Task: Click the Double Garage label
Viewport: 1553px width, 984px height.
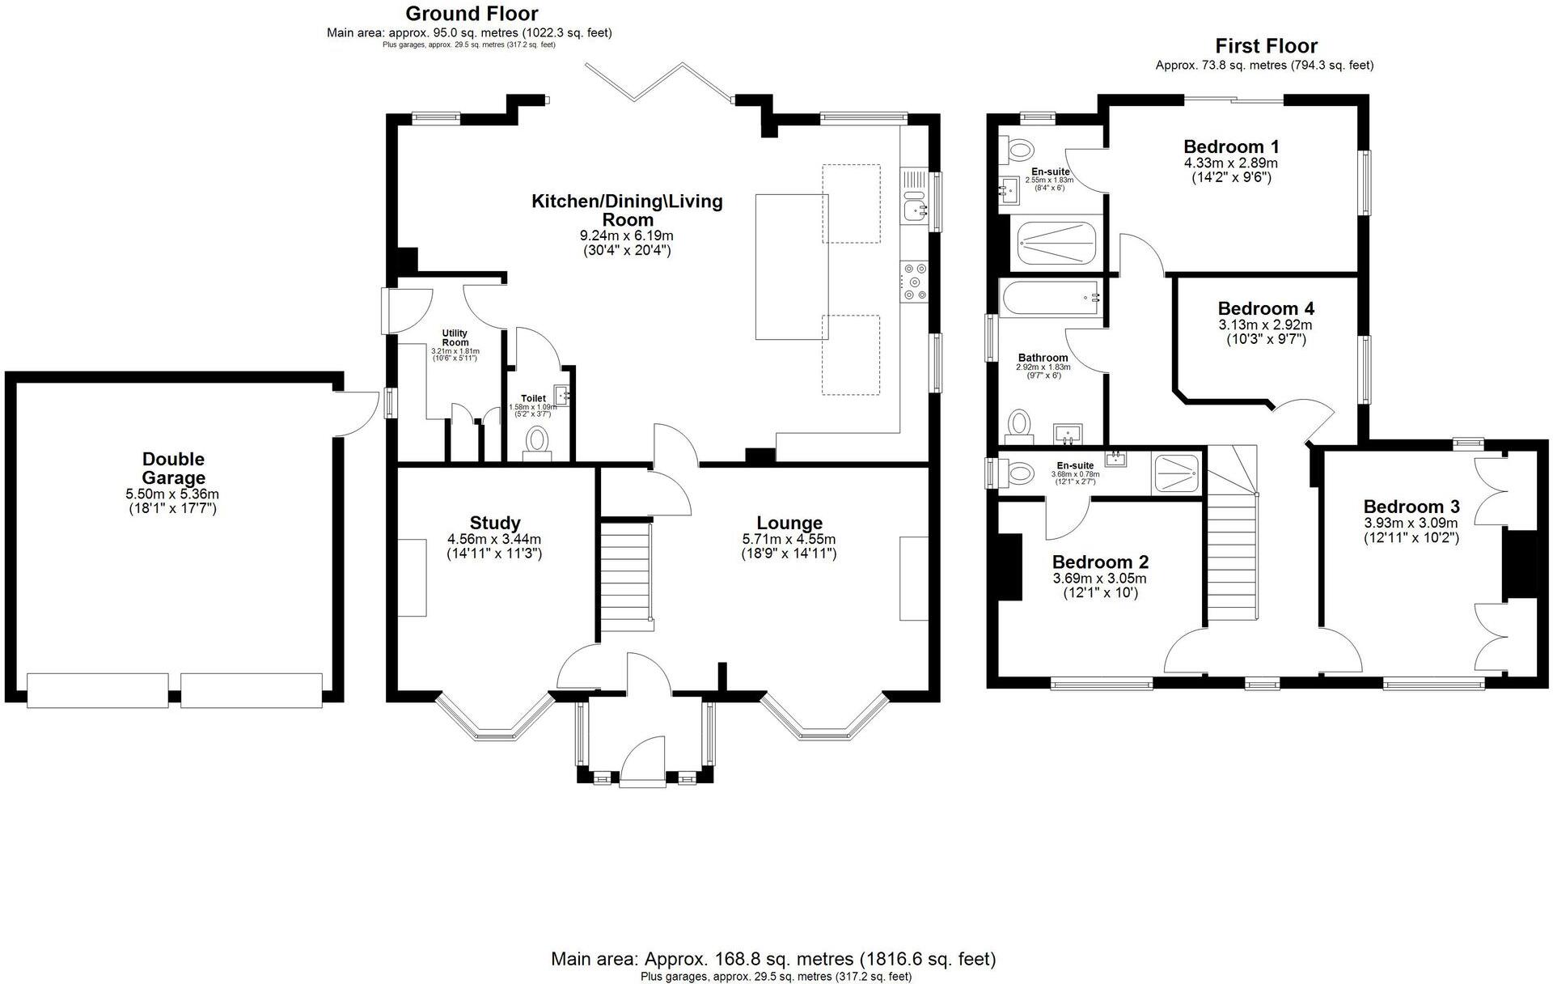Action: tap(173, 469)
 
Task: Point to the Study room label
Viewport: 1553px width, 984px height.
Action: tap(494, 523)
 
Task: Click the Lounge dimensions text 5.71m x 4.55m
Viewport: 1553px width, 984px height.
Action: tap(789, 539)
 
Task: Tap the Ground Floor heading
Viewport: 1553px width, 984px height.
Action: tap(471, 14)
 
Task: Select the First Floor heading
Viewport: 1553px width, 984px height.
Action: tap(1266, 46)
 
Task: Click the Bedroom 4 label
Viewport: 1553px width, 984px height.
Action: tap(1265, 308)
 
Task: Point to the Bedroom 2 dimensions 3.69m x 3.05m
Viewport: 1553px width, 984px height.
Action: tap(1099, 579)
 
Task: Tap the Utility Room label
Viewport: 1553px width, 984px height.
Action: tap(455, 337)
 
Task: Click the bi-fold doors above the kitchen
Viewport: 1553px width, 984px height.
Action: tap(660, 82)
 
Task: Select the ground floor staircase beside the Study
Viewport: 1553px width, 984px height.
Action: tap(626, 575)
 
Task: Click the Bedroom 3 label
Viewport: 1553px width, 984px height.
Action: tap(1411, 507)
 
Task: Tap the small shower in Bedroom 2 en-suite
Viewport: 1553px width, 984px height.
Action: tap(1177, 473)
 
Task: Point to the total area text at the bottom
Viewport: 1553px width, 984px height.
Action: tap(773, 959)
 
